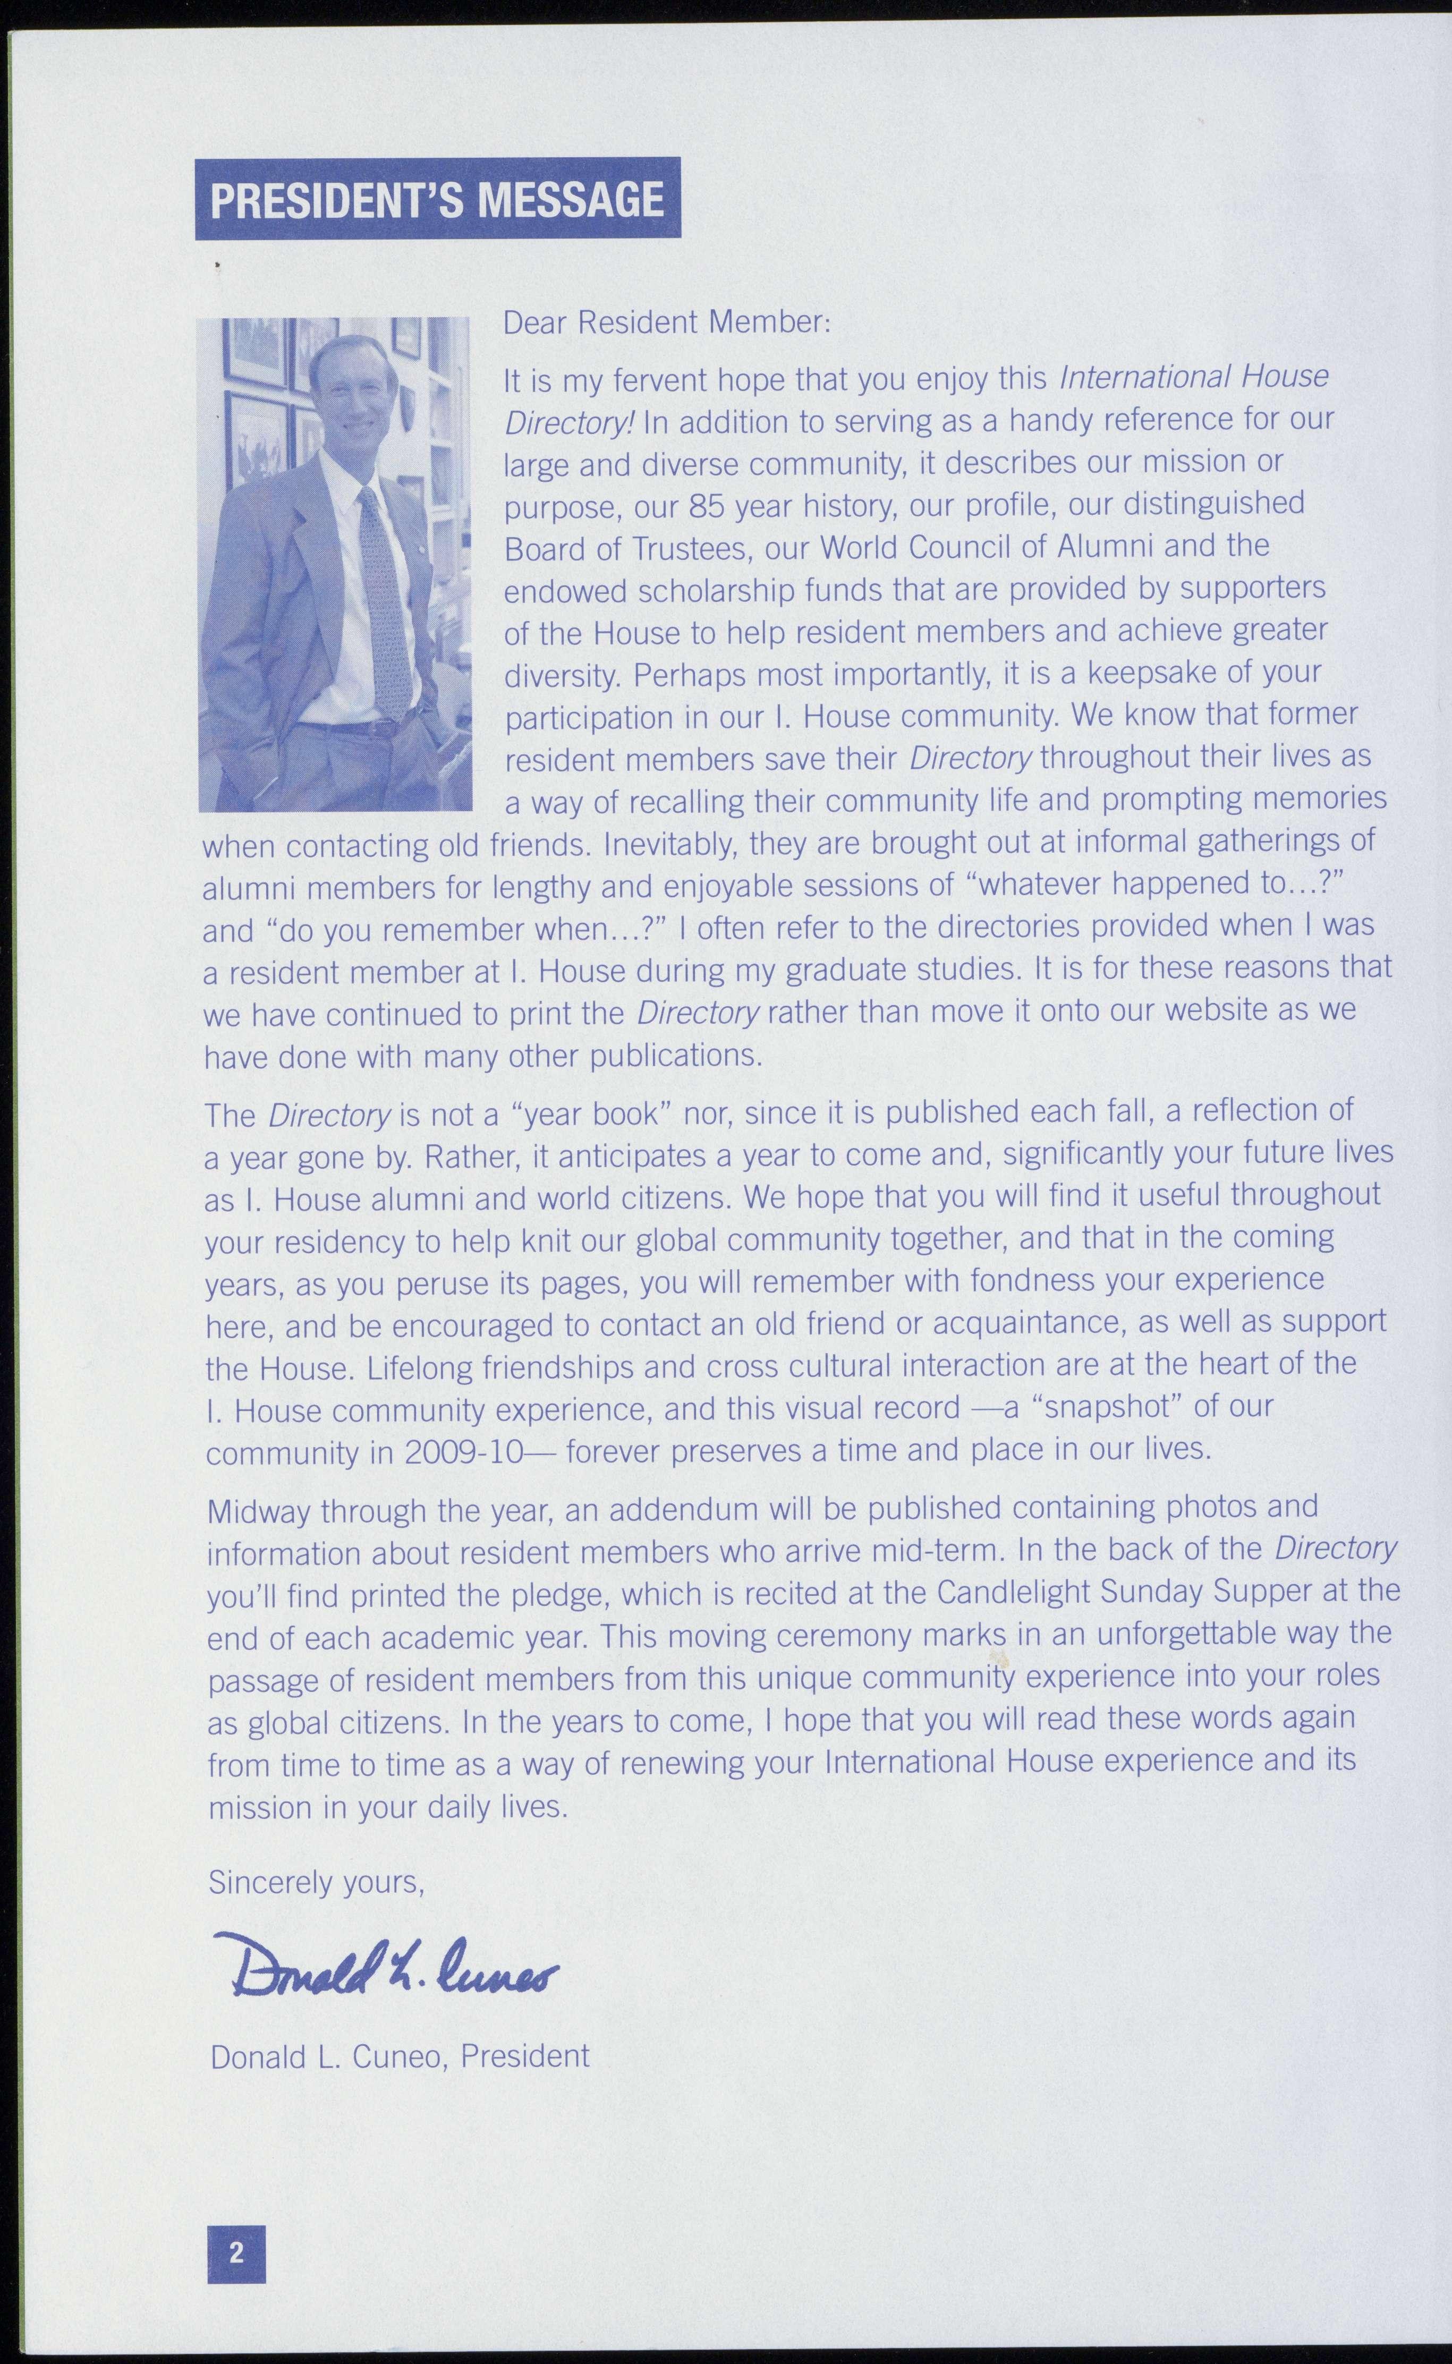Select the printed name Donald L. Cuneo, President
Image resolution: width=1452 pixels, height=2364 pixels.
click(x=400, y=2056)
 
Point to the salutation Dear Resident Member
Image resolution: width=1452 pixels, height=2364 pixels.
click(x=666, y=322)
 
